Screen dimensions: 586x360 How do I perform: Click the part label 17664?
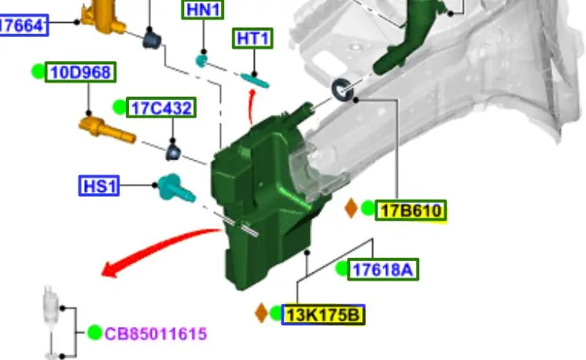(x=23, y=25)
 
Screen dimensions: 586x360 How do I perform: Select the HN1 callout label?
(x=203, y=9)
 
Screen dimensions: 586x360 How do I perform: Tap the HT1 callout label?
(x=252, y=38)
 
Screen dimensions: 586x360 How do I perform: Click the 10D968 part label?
(x=81, y=72)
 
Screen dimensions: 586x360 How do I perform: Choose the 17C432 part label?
(x=161, y=108)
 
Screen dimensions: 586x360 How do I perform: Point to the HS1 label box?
(x=99, y=186)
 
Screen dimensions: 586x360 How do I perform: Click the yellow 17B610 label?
(x=411, y=211)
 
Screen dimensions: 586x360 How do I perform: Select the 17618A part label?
(x=383, y=270)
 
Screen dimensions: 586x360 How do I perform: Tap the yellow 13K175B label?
(x=323, y=315)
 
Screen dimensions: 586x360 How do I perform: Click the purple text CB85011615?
(x=156, y=333)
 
